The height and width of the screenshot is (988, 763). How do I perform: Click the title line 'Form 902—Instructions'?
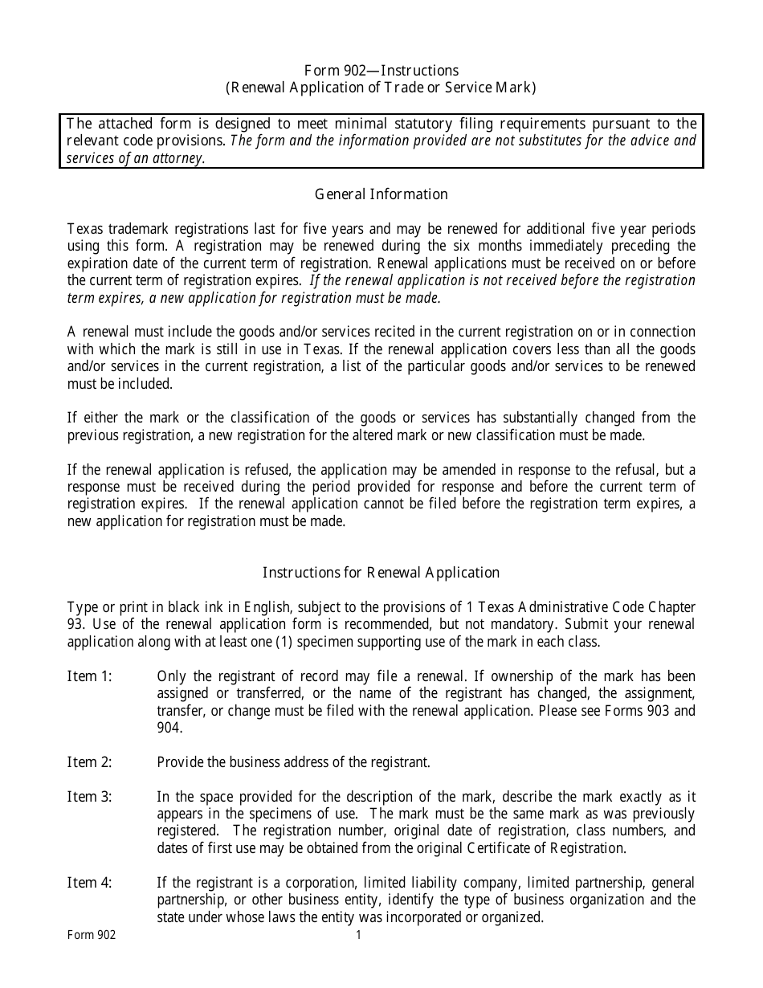(381, 71)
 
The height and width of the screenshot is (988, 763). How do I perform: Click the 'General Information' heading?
(381, 194)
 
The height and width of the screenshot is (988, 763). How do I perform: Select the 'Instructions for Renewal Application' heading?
(381, 573)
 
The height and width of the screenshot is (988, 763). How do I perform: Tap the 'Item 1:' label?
(89, 676)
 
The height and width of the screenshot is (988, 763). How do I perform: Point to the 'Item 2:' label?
(89, 762)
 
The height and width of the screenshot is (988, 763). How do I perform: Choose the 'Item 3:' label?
(89, 797)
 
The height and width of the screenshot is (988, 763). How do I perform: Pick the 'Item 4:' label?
(89, 883)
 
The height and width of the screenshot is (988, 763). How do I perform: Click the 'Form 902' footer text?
(91, 935)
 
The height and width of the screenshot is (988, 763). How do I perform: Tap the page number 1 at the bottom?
(359, 935)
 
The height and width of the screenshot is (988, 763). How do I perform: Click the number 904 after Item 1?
(169, 728)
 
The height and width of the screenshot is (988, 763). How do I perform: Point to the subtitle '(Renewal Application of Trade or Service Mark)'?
(381, 88)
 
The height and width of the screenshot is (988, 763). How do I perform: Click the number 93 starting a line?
(75, 625)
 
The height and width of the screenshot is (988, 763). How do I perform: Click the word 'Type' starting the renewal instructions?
(80, 607)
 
